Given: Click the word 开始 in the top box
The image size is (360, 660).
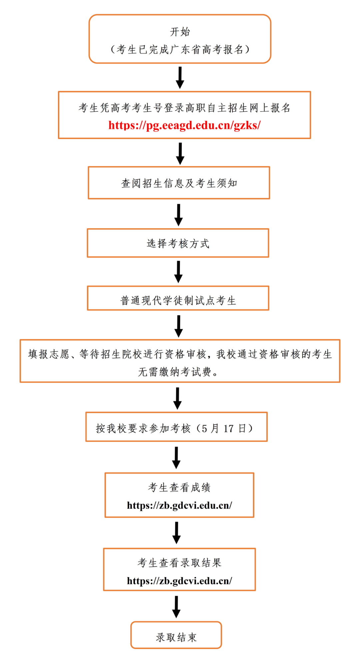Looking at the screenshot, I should [x=180, y=32].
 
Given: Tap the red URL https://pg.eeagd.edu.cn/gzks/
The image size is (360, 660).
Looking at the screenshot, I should [x=184, y=125].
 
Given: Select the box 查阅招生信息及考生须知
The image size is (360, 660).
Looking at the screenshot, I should [x=179, y=183].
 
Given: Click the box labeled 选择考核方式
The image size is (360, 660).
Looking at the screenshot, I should [x=178, y=243].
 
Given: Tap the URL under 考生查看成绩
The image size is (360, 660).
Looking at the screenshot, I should [x=179, y=505].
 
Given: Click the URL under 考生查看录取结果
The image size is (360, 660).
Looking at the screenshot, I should [x=179, y=581].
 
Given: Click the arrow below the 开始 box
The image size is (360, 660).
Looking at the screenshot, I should [x=180, y=77].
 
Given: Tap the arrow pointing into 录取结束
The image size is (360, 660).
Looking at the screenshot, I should [x=176, y=607].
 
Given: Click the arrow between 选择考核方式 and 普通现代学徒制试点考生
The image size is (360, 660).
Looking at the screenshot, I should [x=179, y=271].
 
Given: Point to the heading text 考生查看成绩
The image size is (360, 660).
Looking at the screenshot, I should [x=179, y=487].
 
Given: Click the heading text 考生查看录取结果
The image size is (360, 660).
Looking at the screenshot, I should [x=179, y=563].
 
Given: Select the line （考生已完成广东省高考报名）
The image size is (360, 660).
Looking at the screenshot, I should [x=180, y=49].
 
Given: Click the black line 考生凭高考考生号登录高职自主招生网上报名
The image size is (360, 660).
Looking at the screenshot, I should [x=184, y=108].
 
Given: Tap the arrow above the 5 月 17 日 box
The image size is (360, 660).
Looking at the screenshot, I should [x=177, y=398].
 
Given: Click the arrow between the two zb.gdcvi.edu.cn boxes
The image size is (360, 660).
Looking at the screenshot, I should [x=176, y=533].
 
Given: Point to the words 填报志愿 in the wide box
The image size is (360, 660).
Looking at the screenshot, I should [x=49, y=354].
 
